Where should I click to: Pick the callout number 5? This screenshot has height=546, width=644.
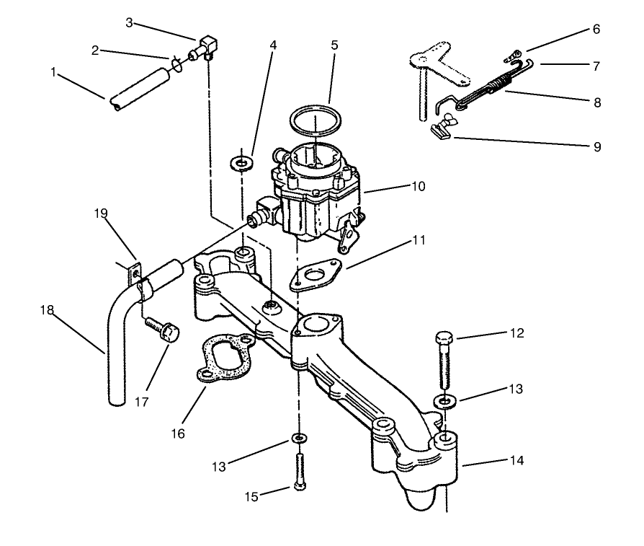point(334,44)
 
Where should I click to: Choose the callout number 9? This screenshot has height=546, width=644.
point(596,146)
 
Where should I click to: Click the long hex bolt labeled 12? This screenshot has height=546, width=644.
point(444,361)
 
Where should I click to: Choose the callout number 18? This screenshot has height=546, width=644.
point(47,310)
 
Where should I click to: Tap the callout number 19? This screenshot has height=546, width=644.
point(100,213)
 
